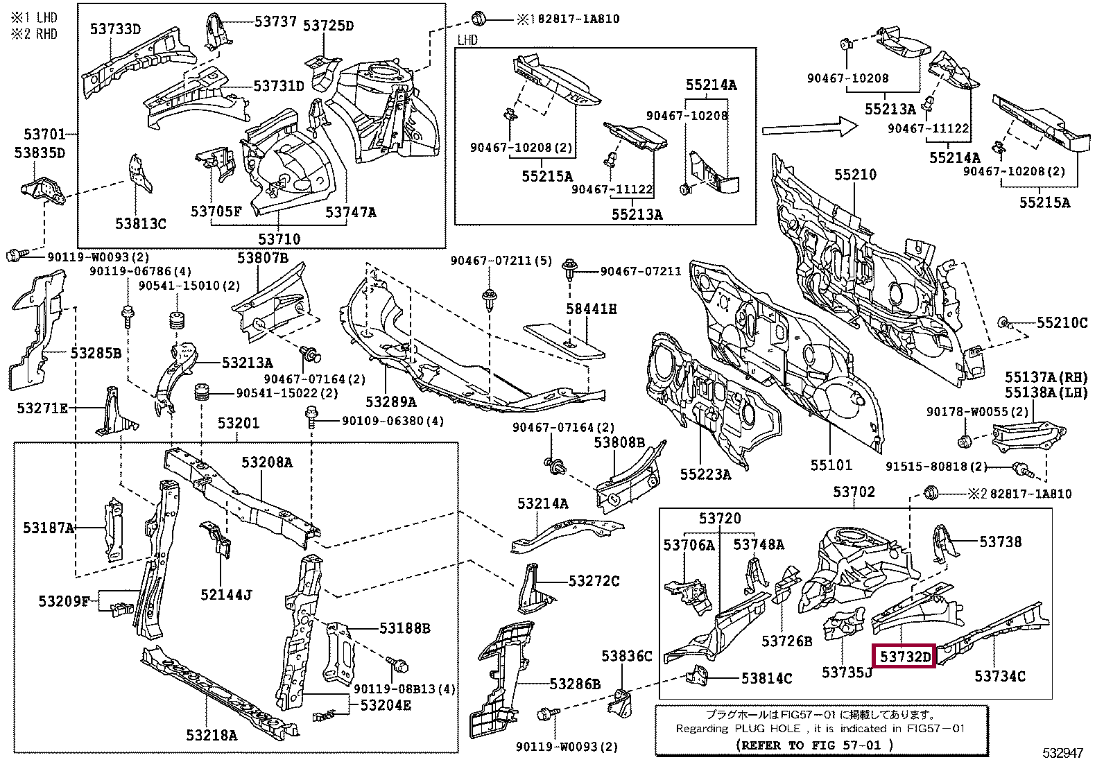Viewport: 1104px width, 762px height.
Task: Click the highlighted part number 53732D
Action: [906, 656]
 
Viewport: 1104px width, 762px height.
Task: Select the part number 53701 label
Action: [44, 134]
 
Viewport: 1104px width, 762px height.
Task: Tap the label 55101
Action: [831, 465]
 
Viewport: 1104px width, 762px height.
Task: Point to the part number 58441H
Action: [591, 309]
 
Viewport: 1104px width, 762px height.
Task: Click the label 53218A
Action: [212, 735]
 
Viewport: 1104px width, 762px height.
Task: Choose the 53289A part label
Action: [391, 401]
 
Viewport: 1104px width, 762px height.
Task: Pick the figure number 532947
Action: [1062, 752]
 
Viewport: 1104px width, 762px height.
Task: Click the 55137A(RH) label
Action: [1046, 377]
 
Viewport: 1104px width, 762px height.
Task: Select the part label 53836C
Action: [626, 655]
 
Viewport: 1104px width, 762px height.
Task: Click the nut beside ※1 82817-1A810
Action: [478, 19]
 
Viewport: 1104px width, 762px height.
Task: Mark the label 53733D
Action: [115, 28]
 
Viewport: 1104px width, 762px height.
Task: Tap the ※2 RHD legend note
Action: [35, 34]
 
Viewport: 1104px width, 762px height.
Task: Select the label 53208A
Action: [266, 462]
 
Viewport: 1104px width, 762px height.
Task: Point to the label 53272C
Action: [594, 580]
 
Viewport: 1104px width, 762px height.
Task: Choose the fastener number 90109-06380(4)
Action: [393, 421]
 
